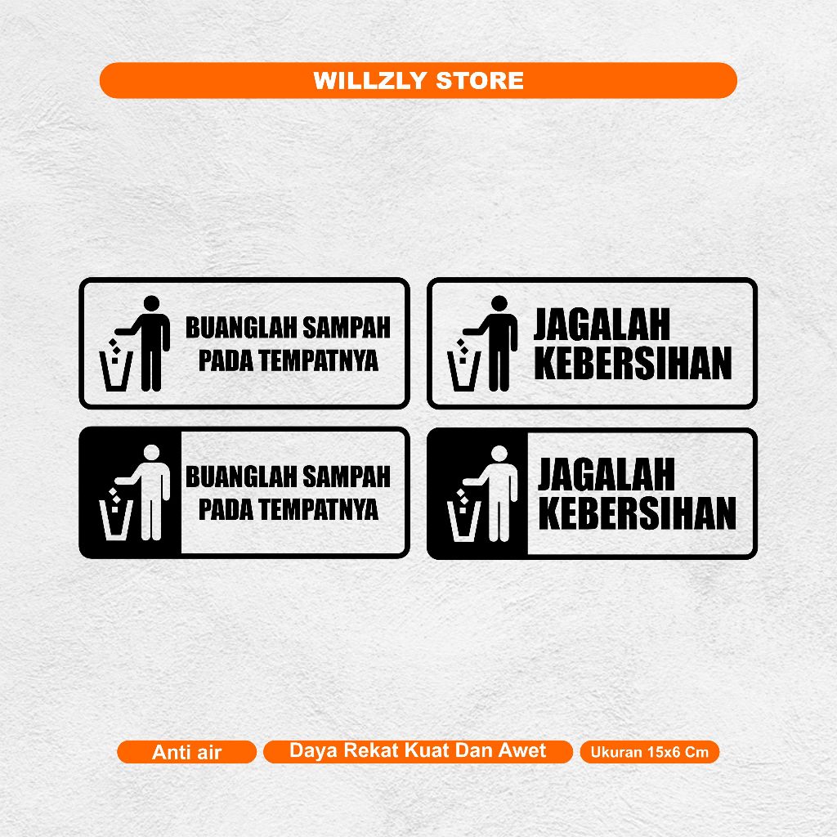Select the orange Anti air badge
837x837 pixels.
click(x=186, y=752)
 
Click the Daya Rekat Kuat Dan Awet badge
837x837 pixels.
click(x=418, y=751)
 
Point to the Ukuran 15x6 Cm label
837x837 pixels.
click(x=649, y=752)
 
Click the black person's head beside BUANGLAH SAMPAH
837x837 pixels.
click(x=151, y=303)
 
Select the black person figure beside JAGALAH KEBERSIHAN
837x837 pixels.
click(x=498, y=343)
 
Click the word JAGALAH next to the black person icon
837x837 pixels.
click(x=602, y=325)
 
